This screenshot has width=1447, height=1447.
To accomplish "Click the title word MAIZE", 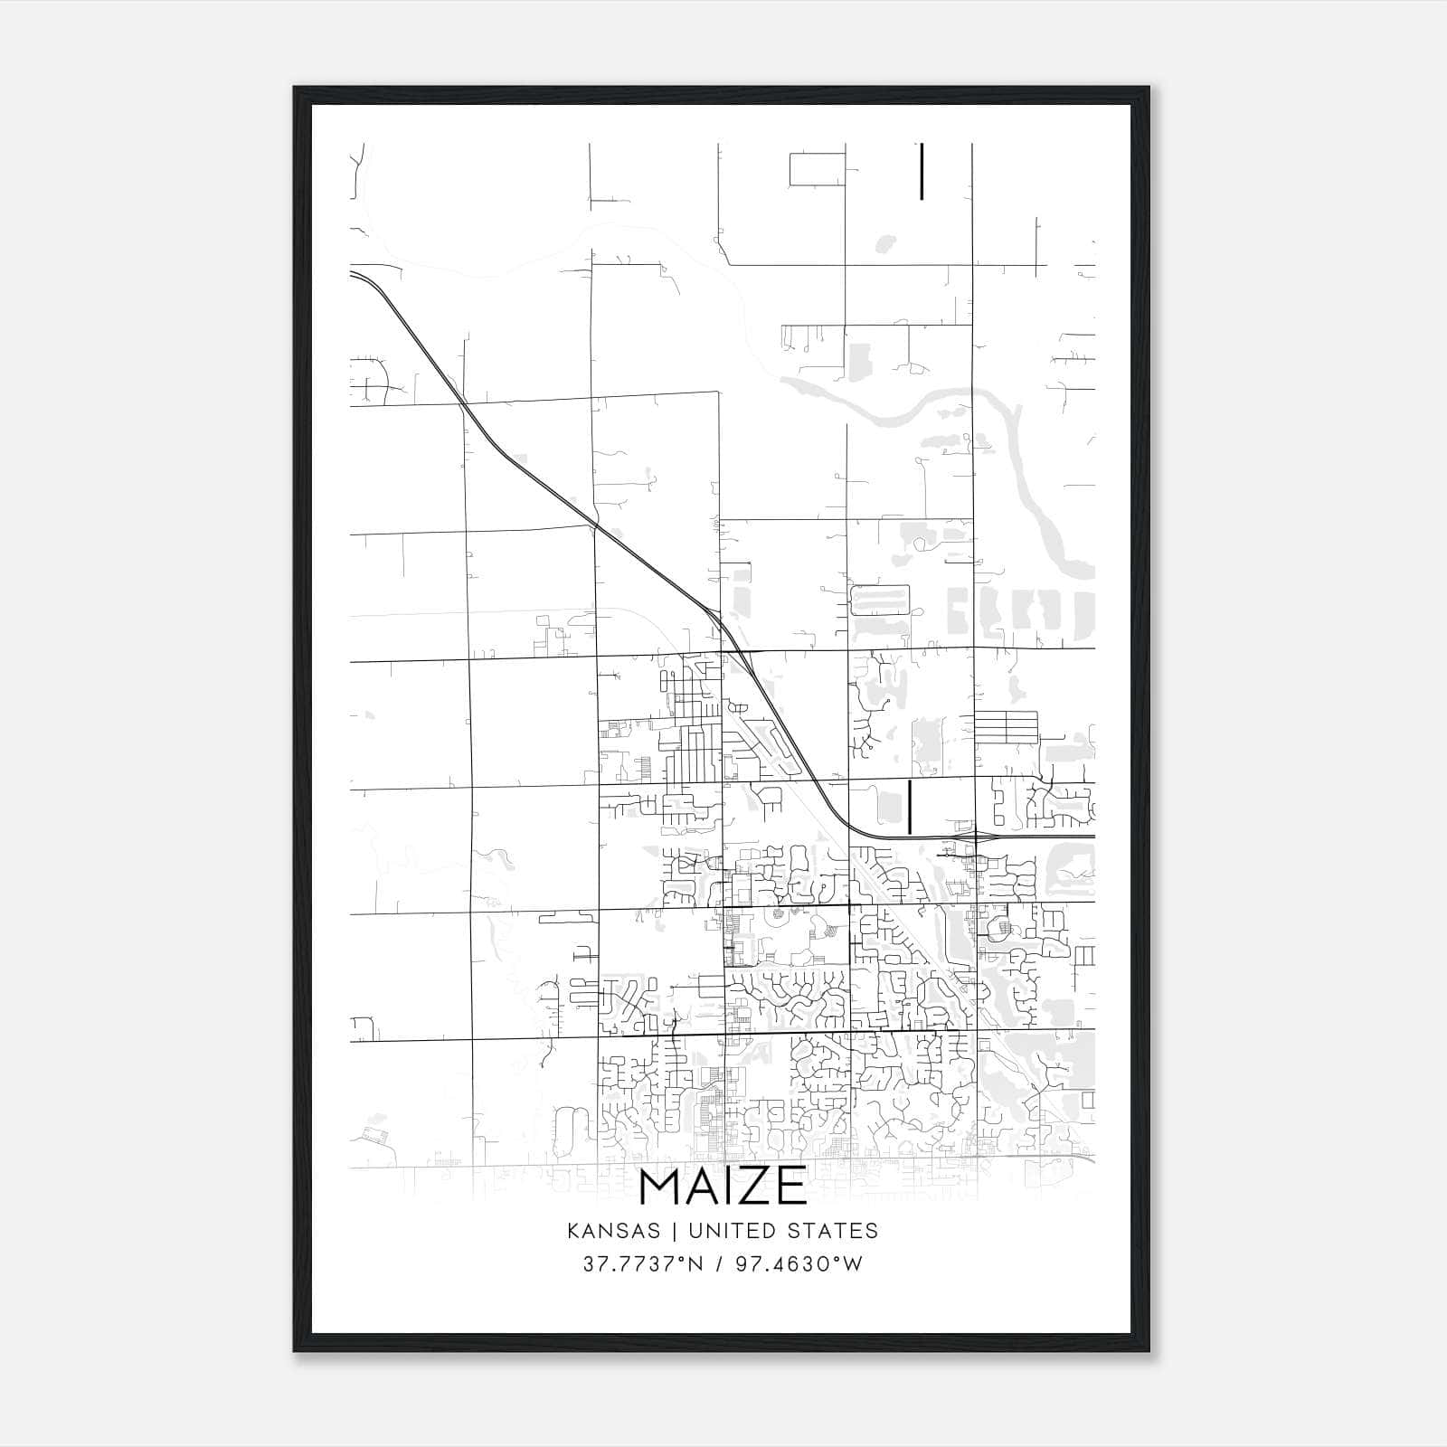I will [723, 1187].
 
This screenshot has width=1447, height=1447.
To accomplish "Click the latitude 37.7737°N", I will [643, 1263].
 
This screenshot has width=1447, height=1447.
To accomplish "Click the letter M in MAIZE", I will [658, 1187].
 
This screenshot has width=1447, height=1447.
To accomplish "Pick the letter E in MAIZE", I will [791, 1187].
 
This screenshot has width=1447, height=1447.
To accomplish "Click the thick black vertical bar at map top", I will [922, 171].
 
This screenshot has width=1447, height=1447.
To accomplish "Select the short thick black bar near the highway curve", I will [909, 807].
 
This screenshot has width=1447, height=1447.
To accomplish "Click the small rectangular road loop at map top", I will [817, 169].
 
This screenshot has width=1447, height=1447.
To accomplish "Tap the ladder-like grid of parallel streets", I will [1006, 727].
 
